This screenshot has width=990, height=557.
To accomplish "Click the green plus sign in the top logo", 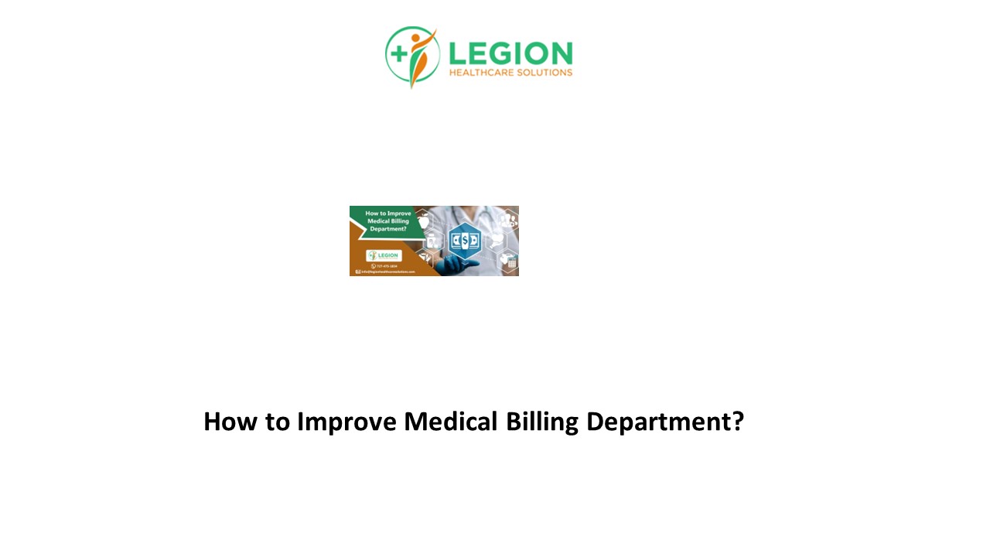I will pyautogui.click(x=399, y=53).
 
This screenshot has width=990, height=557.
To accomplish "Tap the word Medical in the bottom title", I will pyautogui.click(x=451, y=422).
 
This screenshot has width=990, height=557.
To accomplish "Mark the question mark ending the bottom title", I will pyautogui.click(x=737, y=422).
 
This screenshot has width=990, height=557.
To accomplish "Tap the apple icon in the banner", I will pyautogui.click(x=423, y=221).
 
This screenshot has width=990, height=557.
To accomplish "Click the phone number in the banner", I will pyautogui.click(x=384, y=265).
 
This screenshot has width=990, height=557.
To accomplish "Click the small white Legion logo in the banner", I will pyautogui.click(x=384, y=255).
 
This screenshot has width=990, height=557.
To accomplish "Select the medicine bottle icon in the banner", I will pyautogui.click(x=431, y=241).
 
